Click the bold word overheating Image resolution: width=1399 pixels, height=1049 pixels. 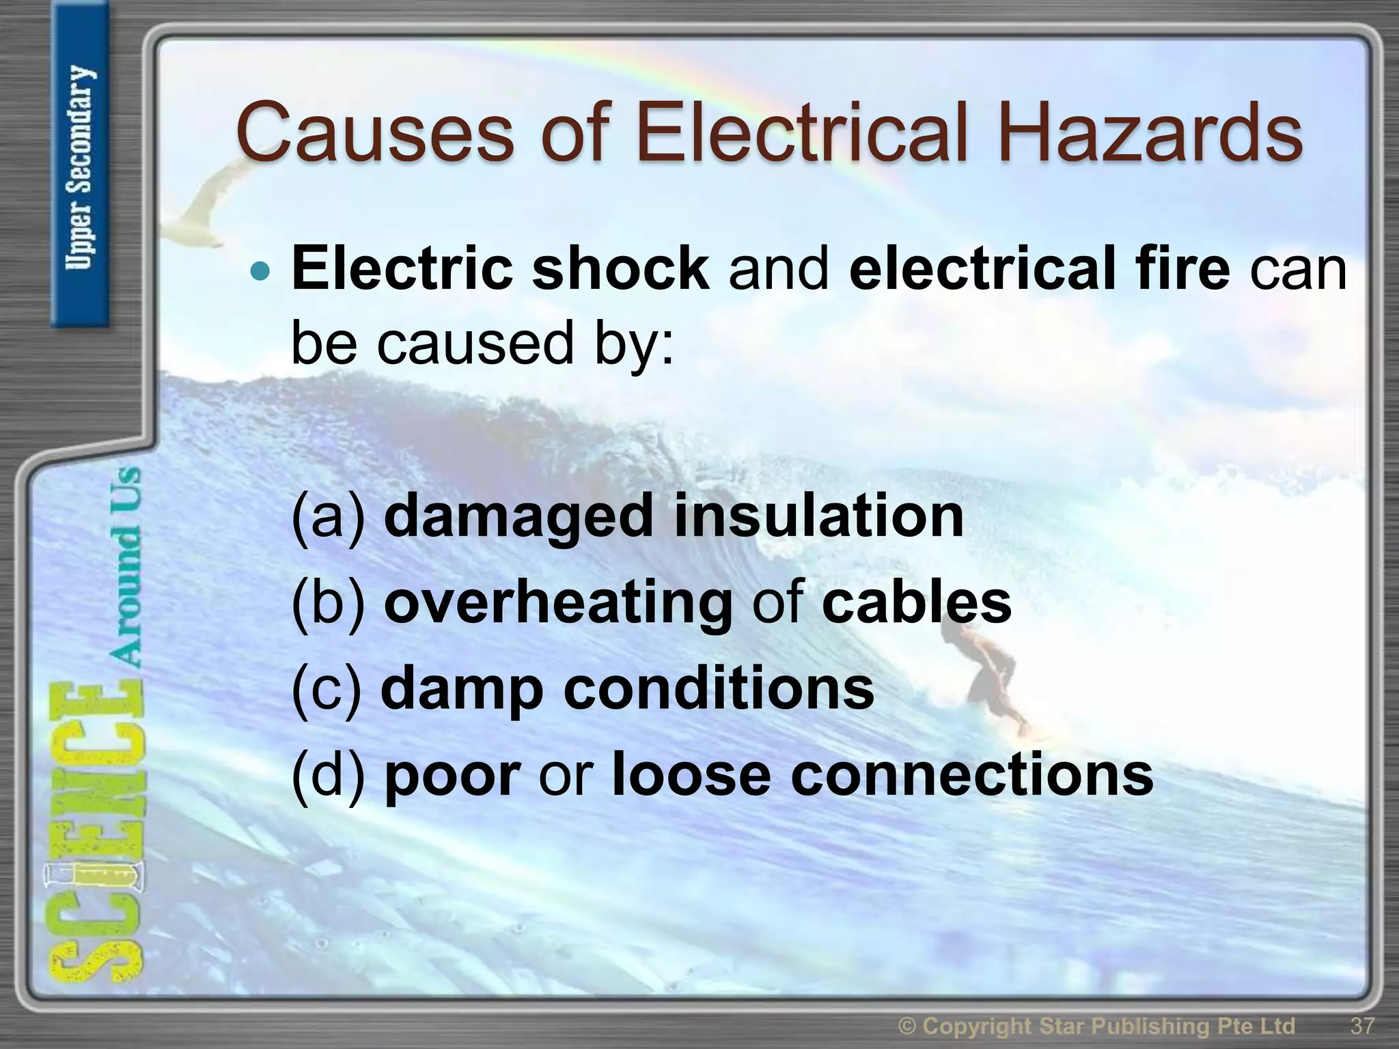click(x=558, y=602)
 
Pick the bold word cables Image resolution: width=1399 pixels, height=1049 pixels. click(x=916, y=602)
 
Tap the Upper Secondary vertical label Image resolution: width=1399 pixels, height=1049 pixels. click(x=80, y=167)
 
